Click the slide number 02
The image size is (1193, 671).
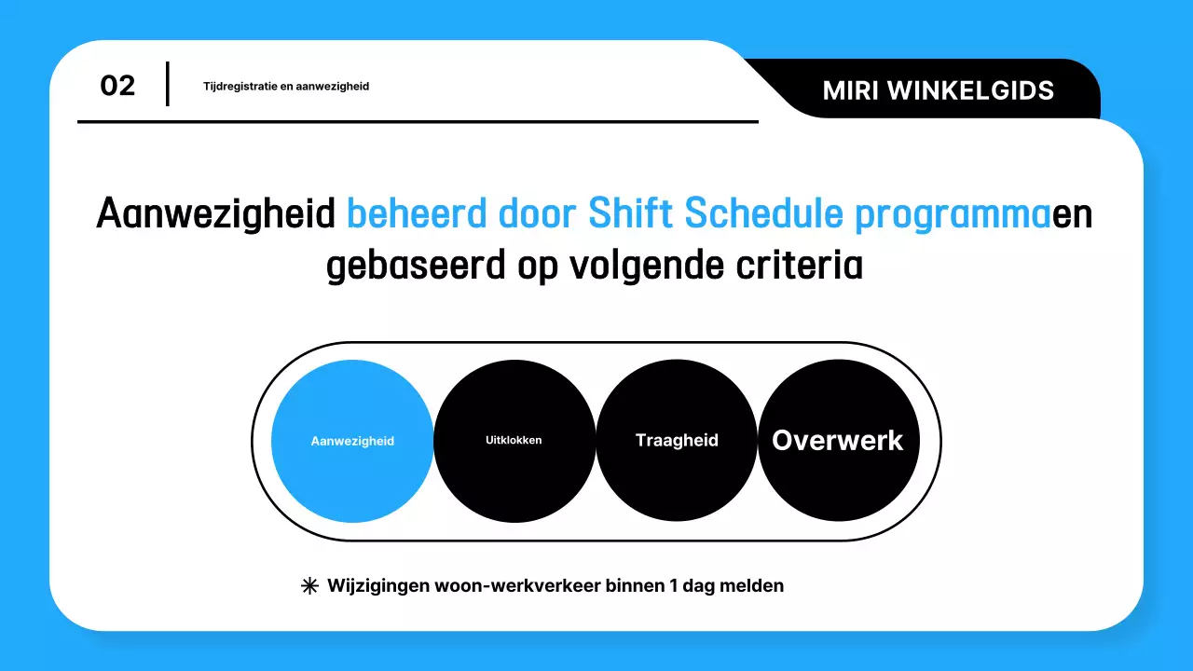(117, 86)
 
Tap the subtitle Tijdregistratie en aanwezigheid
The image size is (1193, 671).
(286, 87)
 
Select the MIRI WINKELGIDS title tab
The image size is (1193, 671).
(939, 89)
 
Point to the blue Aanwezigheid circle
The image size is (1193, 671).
(352, 441)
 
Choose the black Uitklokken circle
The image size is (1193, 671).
(514, 441)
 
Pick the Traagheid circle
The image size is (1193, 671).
(677, 441)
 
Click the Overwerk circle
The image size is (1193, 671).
(838, 441)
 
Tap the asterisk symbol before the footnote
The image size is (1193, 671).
(309, 586)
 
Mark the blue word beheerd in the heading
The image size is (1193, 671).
(417, 214)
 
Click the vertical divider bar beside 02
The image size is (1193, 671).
(168, 84)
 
